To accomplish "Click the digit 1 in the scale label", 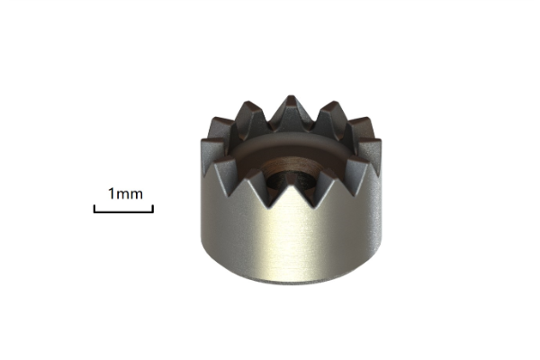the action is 112,194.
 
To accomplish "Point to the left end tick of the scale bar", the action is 94,209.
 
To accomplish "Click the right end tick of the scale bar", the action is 153,209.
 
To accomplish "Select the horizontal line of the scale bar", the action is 123,211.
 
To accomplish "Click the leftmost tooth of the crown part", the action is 211,151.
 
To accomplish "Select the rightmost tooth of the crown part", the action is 371,150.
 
